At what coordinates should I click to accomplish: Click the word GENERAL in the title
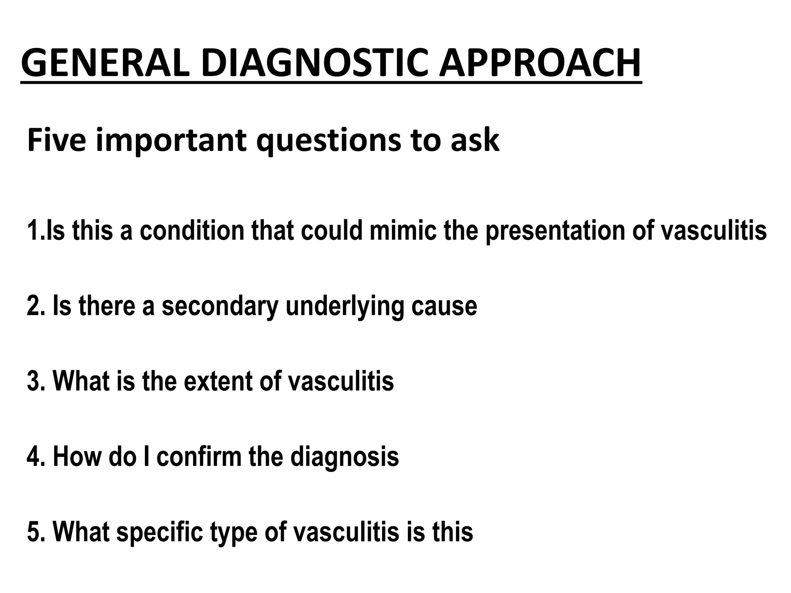[x=105, y=63]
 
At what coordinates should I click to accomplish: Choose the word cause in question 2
[x=444, y=306]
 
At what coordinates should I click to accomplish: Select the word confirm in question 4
[x=199, y=456]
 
